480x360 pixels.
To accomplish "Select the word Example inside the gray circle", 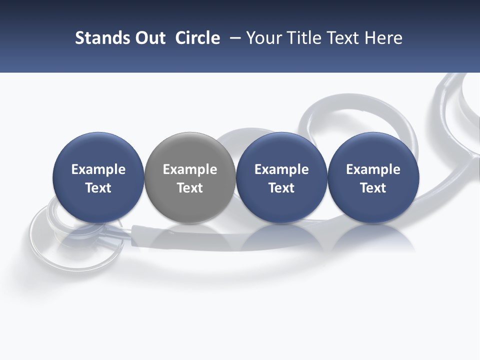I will (x=190, y=170).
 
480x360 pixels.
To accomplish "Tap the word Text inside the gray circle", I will (x=190, y=188).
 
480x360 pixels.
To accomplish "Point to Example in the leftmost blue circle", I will (x=98, y=170).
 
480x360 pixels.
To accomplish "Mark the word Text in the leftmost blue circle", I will (x=98, y=188).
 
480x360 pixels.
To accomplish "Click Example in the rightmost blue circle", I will (x=373, y=170).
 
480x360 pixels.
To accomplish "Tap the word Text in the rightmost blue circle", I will (x=373, y=188).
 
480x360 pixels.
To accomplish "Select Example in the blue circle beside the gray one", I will (x=281, y=170).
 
